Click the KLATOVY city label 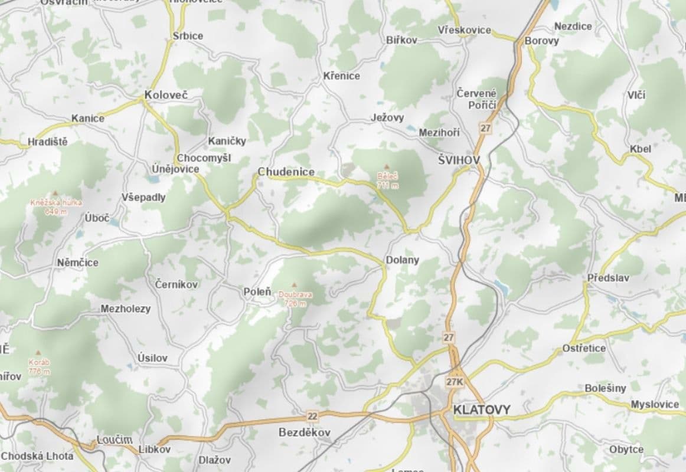pyautogui.click(x=482, y=409)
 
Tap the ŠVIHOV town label pyautogui.click(x=459, y=160)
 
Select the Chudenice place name pyautogui.click(x=286, y=172)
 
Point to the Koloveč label pyautogui.click(x=166, y=94)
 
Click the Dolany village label pyautogui.click(x=402, y=260)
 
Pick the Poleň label pyautogui.click(x=257, y=291)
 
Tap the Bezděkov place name pyautogui.click(x=305, y=432)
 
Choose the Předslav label pyautogui.click(x=608, y=277)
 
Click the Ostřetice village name pyautogui.click(x=584, y=348)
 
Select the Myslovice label pyautogui.click(x=655, y=404)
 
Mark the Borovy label pyautogui.click(x=541, y=41)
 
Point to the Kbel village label pyautogui.click(x=641, y=149)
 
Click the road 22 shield pyautogui.click(x=312, y=417)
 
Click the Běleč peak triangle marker pyautogui.click(x=387, y=167)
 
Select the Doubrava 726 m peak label pyautogui.click(x=295, y=298)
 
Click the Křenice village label pyautogui.click(x=341, y=76)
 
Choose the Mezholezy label pyautogui.click(x=125, y=309)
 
